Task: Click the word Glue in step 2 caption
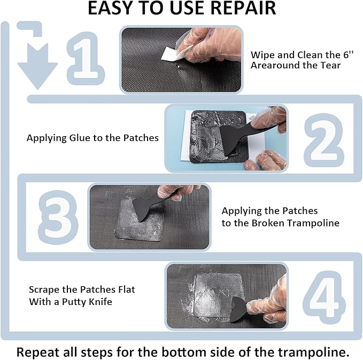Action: point(83,138)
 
